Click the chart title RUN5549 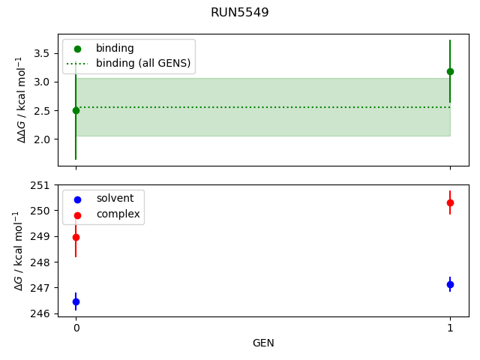pyautogui.click(x=240, y=13)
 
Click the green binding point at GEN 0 pyautogui.click(x=76, y=110)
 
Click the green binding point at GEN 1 pyautogui.click(x=450, y=71)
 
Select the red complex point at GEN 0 pyautogui.click(x=76, y=237)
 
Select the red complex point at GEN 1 pyautogui.click(x=450, y=202)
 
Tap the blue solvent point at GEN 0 pyautogui.click(x=76, y=301)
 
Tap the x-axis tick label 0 pyautogui.click(x=76, y=328)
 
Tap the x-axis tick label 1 pyautogui.click(x=450, y=328)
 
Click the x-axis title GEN pyautogui.click(x=263, y=343)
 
